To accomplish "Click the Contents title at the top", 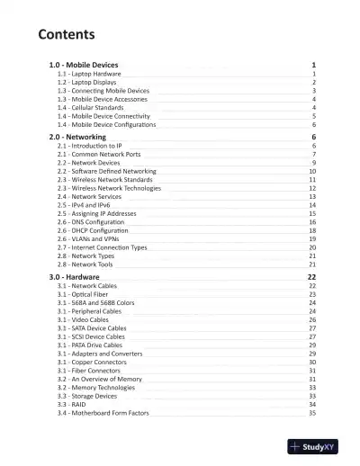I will click(x=67, y=35).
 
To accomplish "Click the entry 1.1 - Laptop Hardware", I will click(x=90, y=75).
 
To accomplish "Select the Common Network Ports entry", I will click(x=98, y=154).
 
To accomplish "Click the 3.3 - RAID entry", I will click(x=72, y=405).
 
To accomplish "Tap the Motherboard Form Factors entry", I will click(x=103, y=413).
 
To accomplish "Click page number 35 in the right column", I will click(x=311, y=413).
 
